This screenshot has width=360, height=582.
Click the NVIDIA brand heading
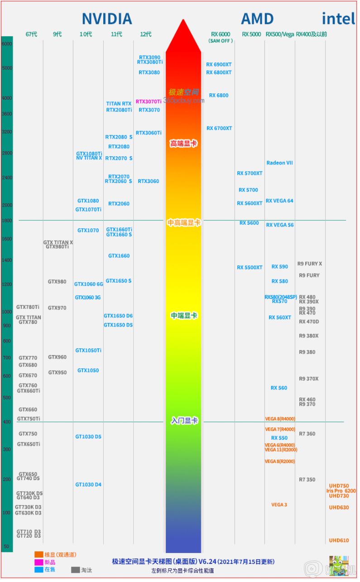coord(107,19)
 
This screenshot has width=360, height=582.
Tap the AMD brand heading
coord(257,19)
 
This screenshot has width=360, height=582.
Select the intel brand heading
coord(338,19)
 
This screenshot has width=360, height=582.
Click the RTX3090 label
coord(149,58)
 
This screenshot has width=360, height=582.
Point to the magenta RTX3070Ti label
coord(149,102)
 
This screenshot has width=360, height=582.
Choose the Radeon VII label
coord(279,163)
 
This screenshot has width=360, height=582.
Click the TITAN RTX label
coord(119,104)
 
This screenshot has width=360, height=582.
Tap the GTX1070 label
coord(88,231)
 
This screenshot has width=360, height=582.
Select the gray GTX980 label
coord(57,282)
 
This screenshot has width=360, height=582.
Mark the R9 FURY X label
coord(310,264)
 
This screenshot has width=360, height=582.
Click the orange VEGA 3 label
coord(279,505)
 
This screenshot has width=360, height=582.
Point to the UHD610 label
coord(339,540)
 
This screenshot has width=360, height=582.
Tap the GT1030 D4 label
coord(88,485)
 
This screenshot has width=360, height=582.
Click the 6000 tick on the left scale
coord(7,44)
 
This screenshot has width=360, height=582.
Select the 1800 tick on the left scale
coord(7,221)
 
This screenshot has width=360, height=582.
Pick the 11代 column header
coord(116,34)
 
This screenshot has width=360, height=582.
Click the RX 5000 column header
coord(251,34)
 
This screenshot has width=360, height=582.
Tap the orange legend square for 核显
coord(38,554)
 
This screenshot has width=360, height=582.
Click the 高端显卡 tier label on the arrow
coord(183,144)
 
